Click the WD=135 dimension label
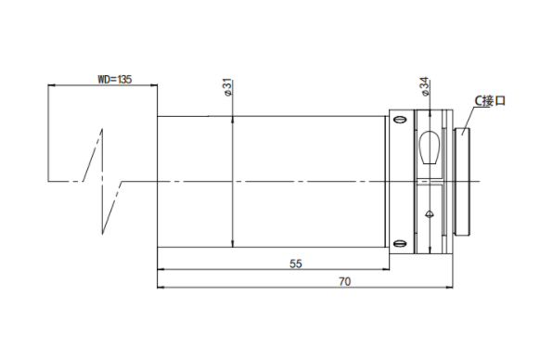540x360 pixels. [x=115, y=80]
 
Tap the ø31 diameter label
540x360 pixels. [x=228, y=87]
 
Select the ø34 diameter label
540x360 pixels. [x=425, y=86]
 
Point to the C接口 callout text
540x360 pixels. [x=490, y=101]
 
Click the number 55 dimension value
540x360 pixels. [x=296, y=264]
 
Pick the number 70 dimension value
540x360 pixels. [x=345, y=282]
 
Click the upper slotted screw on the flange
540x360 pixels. [x=400, y=120]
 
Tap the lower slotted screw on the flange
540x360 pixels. [x=400, y=244]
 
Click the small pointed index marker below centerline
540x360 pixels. [x=429, y=214]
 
